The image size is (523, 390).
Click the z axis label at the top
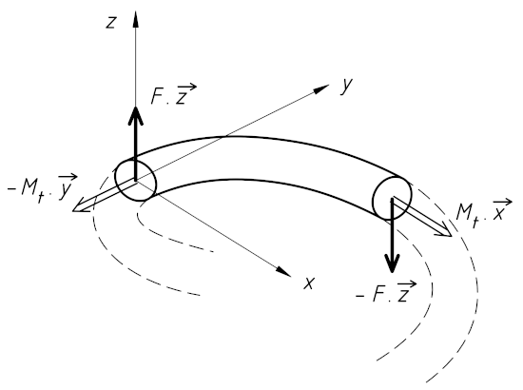(110, 23)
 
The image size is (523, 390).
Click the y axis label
(346, 86)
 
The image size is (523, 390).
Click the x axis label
(309, 283)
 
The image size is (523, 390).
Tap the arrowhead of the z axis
(136, 19)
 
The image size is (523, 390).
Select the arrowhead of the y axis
(322, 88)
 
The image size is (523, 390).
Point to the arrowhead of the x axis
(284, 271)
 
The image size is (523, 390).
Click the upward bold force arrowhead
(136, 116)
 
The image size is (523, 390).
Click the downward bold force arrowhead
(392, 263)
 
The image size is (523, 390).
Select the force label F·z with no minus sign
(173, 94)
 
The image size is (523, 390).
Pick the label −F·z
(386, 291)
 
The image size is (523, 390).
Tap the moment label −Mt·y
(43, 188)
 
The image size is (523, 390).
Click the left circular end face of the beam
(136, 181)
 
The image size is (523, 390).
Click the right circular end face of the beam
(392, 198)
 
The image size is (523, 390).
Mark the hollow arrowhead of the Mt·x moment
(444, 231)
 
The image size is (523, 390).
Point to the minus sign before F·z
(360, 295)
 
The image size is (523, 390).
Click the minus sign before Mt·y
(12, 189)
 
